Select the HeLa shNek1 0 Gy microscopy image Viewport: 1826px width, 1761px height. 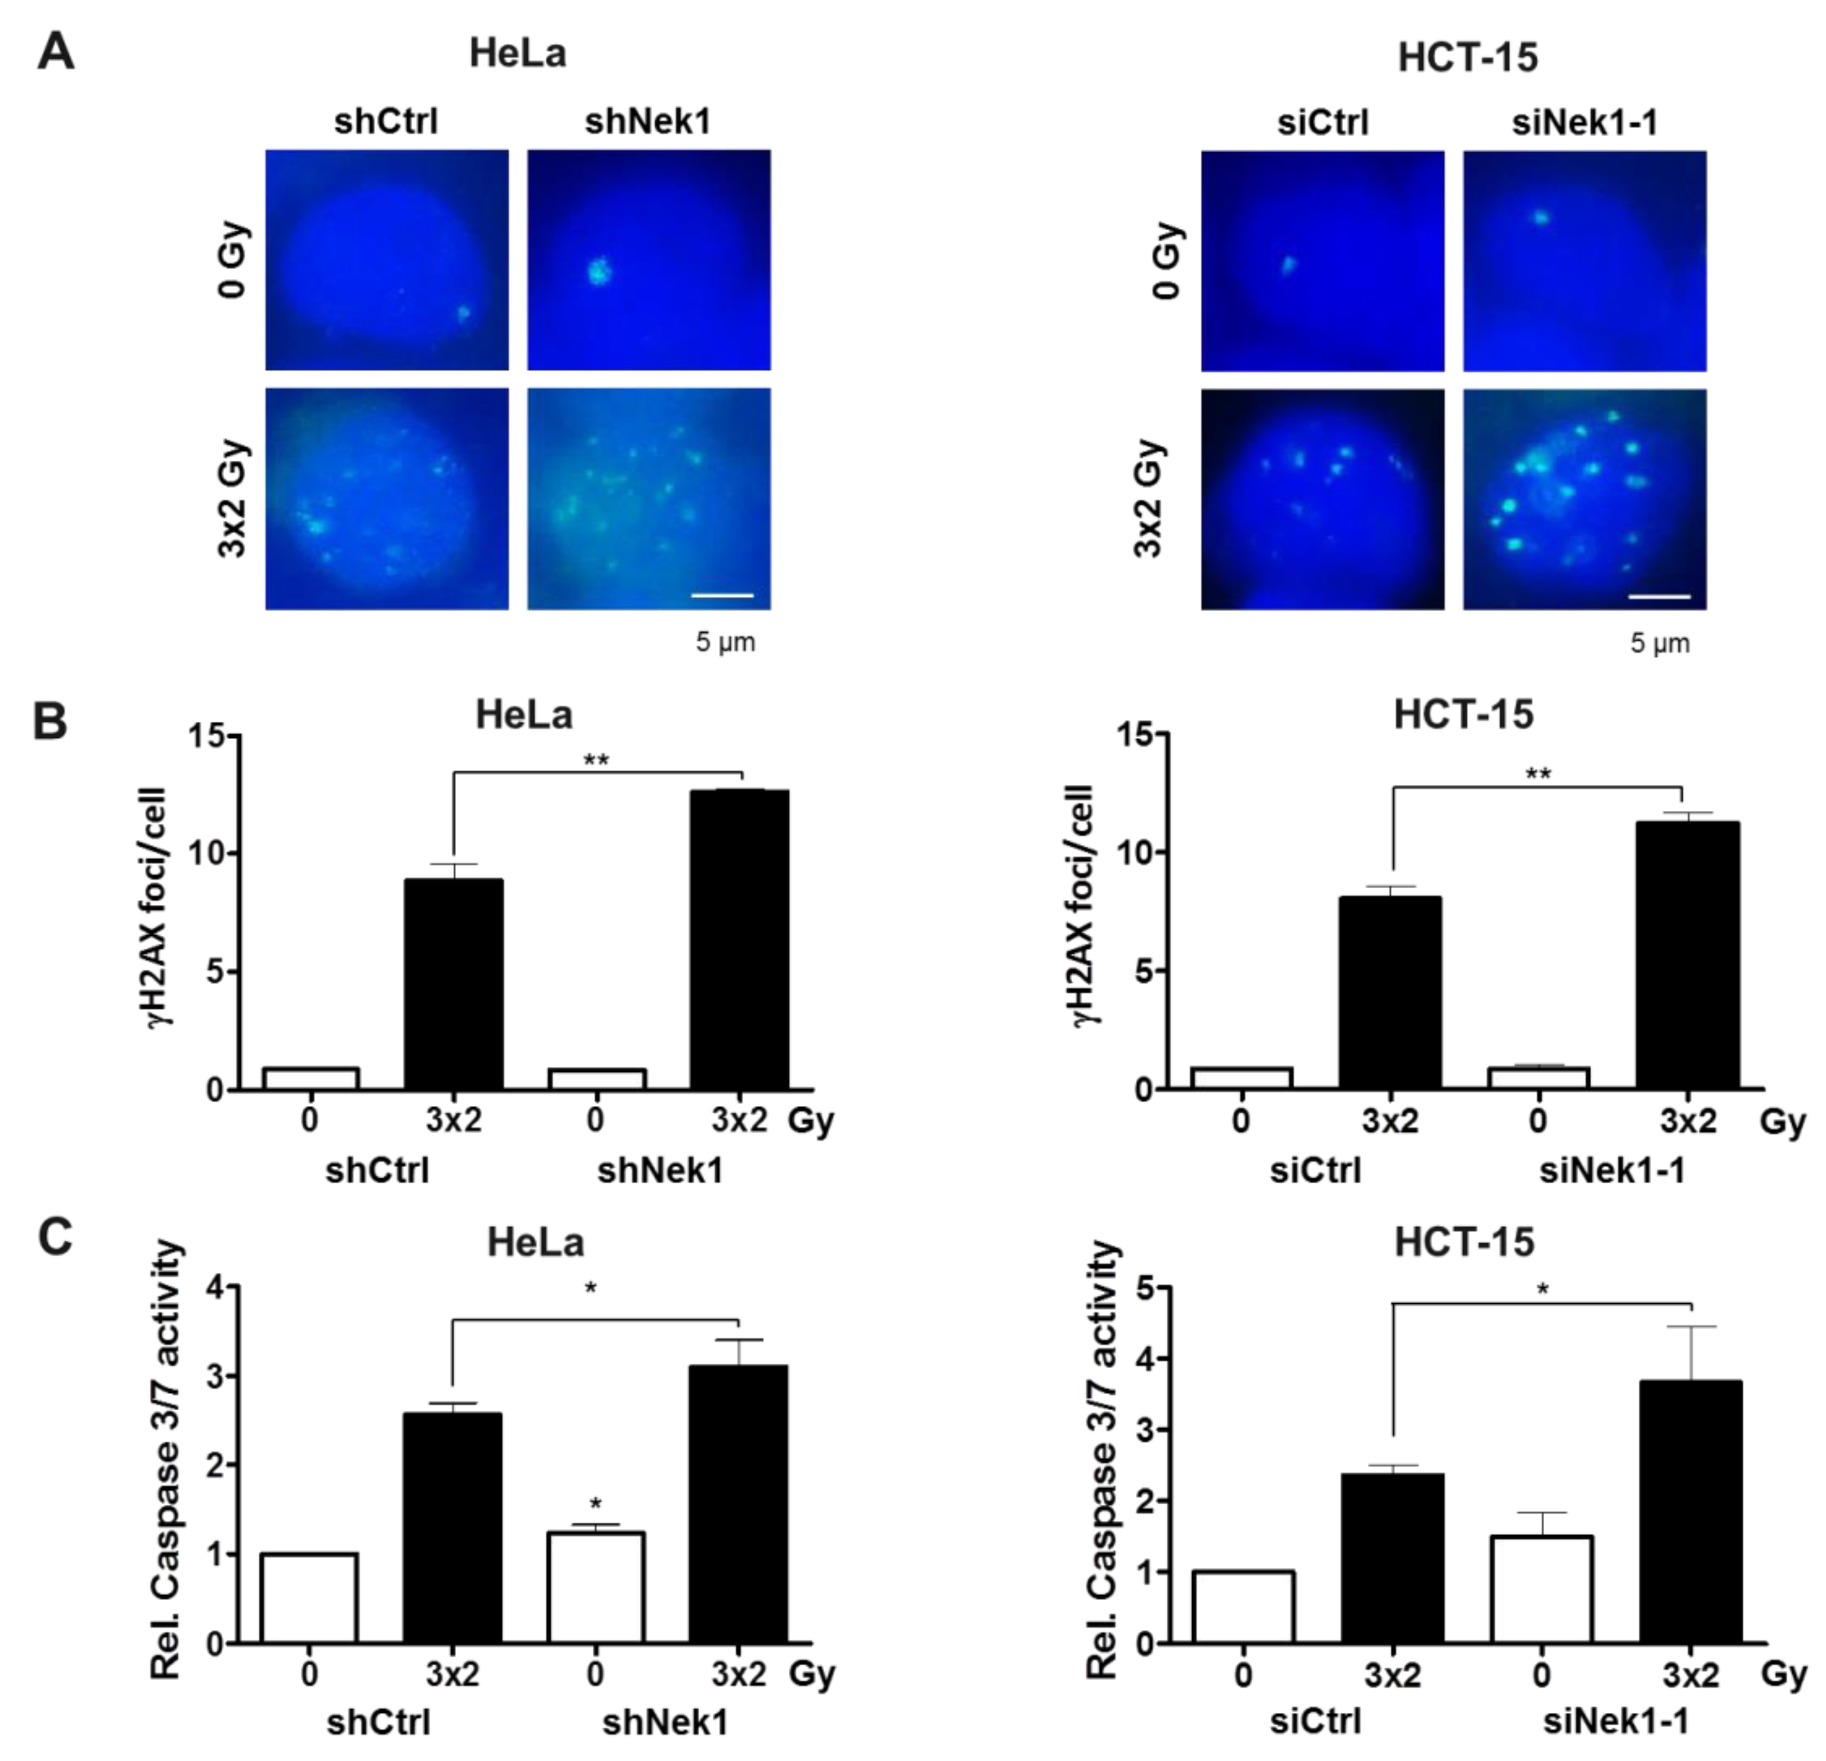tap(649, 259)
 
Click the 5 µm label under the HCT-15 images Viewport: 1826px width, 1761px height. tap(1660, 643)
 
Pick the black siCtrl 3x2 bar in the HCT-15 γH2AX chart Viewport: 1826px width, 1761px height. tap(1390, 992)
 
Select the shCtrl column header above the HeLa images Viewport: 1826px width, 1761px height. tap(386, 121)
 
